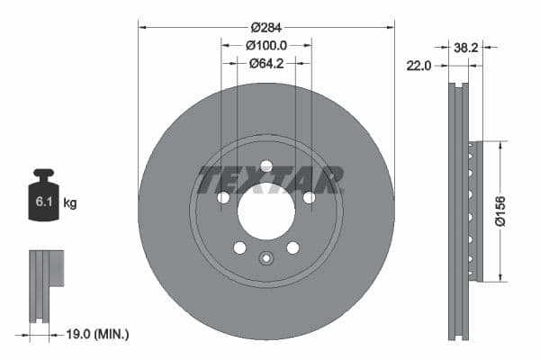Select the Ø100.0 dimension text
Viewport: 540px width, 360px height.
point(265,45)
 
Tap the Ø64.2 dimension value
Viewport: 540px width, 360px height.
point(265,63)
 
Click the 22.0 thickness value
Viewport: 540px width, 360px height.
point(419,65)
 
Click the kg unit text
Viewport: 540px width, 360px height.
point(70,203)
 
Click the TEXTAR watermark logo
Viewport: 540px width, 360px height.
point(270,179)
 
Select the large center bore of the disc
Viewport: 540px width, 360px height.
point(265,211)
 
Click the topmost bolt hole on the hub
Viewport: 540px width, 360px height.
point(265,166)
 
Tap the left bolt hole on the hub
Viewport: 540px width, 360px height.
point(222,197)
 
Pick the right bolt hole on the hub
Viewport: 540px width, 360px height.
point(309,197)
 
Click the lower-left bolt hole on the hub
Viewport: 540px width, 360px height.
point(239,247)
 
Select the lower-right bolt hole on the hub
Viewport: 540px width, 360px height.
point(292,247)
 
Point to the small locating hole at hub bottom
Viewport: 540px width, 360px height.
point(265,259)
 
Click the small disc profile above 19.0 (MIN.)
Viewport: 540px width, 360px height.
point(44,284)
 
